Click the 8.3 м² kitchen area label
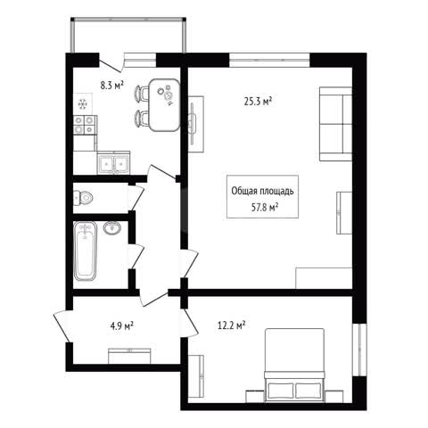111,86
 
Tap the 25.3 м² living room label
258,102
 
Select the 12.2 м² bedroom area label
231,325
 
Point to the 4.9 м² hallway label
121,326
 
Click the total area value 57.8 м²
265,207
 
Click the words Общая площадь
262,191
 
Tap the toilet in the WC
83,197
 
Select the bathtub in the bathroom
86,251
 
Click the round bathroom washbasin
112,228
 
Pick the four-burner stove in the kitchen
85,125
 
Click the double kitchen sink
113,162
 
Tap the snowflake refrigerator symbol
83,104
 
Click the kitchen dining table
164,105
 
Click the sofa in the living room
335,124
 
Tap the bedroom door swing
189,323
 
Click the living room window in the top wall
269,60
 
